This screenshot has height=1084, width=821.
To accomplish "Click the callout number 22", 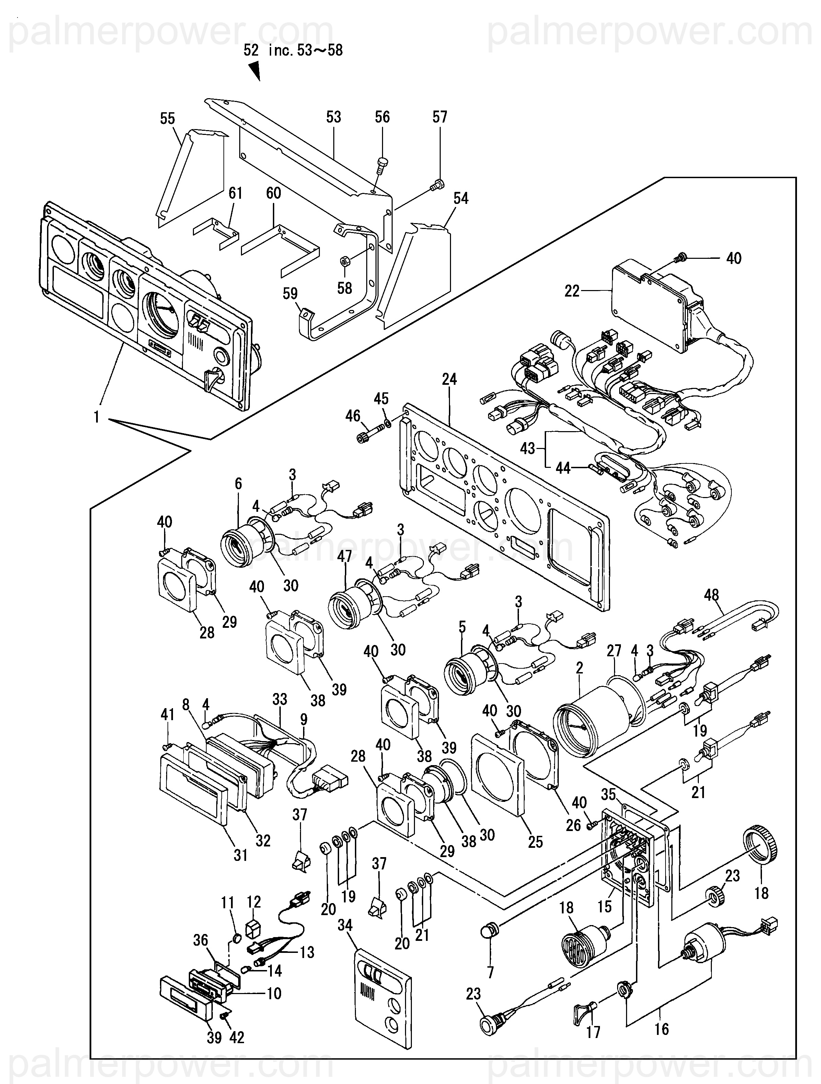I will tap(572, 291).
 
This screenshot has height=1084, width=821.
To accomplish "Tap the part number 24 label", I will tap(449, 379).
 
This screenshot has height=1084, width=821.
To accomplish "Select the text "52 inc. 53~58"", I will tap(293, 50).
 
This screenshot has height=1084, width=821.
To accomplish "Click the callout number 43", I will tap(528, 448).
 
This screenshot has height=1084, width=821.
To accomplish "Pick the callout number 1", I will tap(96, 417).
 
